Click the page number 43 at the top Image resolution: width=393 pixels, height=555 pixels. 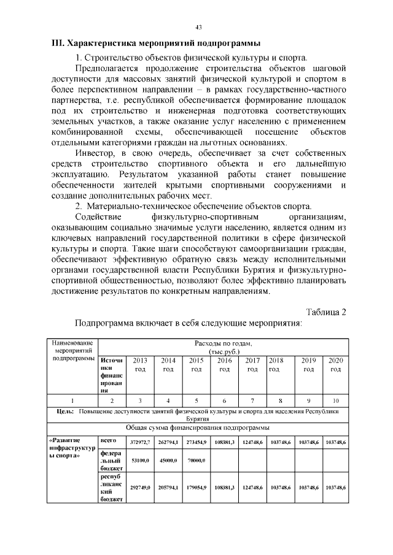pyautogui.click(x=198, y=27)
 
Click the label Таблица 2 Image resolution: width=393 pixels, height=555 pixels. pyautogui.click(x=325, y=312)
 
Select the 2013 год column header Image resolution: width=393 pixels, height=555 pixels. pyautogui.click(x=139, y=365)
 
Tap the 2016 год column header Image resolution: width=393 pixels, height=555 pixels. pyautogui.click(x=225, y=365)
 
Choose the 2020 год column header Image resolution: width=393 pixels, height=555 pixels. pyautogui.click(x=335, y=365)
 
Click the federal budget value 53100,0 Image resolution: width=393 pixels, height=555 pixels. pyautogui.click(x=141, y=459)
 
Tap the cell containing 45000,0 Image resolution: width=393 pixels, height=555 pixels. pyautogui.click(x=168, y=459)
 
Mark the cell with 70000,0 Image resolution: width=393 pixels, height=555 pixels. pyautogui.click(x=196, y=459)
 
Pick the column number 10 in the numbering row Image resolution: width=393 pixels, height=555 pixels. pyautogui.click(x=335, y=400)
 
